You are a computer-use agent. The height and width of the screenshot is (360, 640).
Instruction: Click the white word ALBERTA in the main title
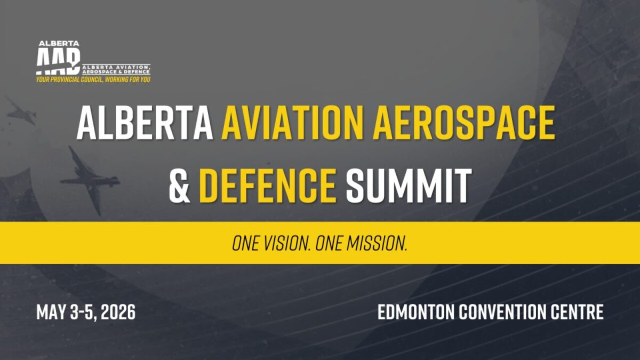coord(145,123)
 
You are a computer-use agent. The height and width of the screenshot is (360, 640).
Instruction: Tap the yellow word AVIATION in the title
coord(292,123)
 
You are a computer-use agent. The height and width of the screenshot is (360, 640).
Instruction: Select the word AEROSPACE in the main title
coord(463,123)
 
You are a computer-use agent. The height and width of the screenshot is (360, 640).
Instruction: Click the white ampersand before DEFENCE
coord(179,186)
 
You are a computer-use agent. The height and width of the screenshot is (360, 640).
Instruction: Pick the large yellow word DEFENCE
coord(268,186)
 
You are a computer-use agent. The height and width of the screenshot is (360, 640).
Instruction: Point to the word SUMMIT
coord(409,186)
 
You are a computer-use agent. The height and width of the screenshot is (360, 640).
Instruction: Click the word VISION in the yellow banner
coord(286,243)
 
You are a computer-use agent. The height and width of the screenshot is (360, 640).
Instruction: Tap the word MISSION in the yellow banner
coord(377,243)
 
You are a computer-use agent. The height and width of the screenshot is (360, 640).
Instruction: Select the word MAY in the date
coord(51,312)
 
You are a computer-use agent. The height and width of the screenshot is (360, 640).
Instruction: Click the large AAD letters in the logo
coord(58,61)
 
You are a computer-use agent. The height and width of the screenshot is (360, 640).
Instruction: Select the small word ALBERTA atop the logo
coord(59,44)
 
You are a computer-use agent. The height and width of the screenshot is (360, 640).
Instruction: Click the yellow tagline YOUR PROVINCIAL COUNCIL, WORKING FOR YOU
coord(93,79)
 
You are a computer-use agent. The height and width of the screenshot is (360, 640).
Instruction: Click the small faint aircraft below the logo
coord(21,111)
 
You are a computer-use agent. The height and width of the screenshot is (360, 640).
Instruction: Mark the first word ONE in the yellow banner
coord(245,243)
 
